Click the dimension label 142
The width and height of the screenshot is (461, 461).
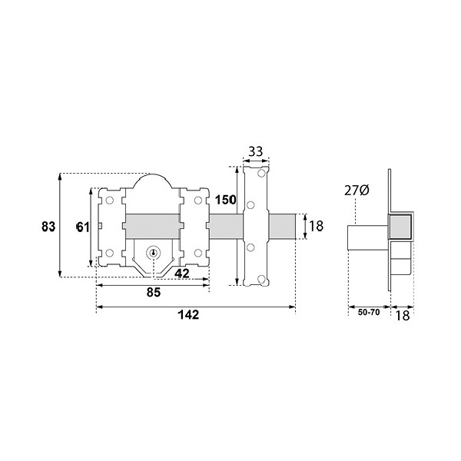[x=188, y=315]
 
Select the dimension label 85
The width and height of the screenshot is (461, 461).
[x=154, y=293]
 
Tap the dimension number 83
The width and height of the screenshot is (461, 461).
[x=48, y=227]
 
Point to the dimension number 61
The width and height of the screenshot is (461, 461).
[x=83, y=227]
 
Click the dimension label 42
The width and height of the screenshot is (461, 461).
[x=181, y=274]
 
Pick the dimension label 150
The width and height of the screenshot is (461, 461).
[x=225, y=200]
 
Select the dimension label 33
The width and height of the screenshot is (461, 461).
[x=256, y=152]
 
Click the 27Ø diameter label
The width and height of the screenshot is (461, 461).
[x=357, y=191]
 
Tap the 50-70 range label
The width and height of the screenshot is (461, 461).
[x=369, y=312]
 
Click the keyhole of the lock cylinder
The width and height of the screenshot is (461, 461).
[x=153, y=253]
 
